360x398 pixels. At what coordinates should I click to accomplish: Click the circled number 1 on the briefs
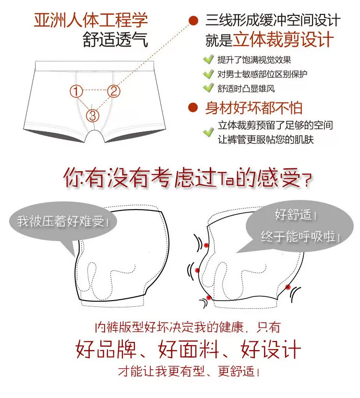[x=76, y=91]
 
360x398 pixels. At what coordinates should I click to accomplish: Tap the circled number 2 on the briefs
[x=113, y=91]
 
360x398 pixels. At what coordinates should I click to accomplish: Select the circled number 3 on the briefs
[x=93, y=116]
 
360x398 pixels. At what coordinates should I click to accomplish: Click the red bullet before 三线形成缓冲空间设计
[x=193, y=21]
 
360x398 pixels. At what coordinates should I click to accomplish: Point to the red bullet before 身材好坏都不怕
[x=193, y=107]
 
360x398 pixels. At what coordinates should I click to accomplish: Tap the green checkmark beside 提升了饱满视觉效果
[x=208, y=59]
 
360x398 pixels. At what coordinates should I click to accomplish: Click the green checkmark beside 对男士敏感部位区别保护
[x=208, y=74]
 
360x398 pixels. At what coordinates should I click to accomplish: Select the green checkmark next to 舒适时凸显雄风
[x=208, y=88]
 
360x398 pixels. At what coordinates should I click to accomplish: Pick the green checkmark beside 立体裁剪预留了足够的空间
[x=208, y=131]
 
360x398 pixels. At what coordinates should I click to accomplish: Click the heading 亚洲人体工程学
[x=91, y=20]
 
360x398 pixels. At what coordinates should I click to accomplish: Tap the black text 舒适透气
[x=115, y=40]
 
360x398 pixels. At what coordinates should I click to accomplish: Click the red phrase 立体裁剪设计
[x=283, y=39]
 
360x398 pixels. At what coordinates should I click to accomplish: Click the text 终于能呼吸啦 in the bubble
[x=300, y=236]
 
